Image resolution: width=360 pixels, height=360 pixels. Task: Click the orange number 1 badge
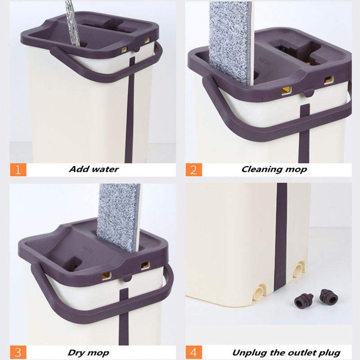[x=18, y=170]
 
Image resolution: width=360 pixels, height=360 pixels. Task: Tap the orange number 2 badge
[x=194, y=170]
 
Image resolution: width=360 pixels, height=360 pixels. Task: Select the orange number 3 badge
[x=18, y=352]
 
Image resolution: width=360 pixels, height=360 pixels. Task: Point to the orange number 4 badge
[x=194, y=352]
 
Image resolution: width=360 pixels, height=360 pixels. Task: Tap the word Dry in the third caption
[x=78, y=352]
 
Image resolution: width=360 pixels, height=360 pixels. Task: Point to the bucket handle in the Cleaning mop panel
[x=270, y=130]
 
